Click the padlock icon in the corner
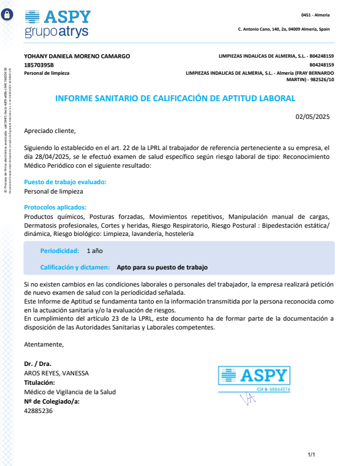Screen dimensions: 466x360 click(7, 15)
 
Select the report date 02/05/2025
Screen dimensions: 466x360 click(312, 116)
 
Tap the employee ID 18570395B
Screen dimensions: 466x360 click(39, 65)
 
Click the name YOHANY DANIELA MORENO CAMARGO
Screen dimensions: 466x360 click(76, 56)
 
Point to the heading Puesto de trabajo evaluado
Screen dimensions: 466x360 click(65, 182)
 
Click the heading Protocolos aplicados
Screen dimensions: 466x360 click(55, 207)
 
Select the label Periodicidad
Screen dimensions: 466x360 click(59, 251)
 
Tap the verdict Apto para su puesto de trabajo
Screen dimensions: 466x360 click(162, 267)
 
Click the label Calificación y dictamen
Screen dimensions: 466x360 click(75, 267)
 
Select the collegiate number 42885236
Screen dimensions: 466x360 click(38, 411)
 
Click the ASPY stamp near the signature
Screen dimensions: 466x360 click(254, 380)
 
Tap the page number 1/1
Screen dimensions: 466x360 click(312, 454)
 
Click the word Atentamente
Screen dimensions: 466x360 click(44, 344)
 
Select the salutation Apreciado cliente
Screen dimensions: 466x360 click(50, 131)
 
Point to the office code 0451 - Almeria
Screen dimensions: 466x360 click(315, 14)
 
